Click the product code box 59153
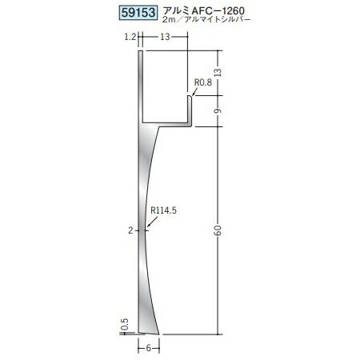[x=138, y=13]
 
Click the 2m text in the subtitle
[x=170, y=19]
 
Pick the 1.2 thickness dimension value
[x=130, y=37]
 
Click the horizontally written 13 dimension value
[x=165, y=37]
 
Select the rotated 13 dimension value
[x=218, y=72]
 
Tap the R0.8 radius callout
[x=203, y=82]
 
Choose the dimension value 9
[x=218, y=110]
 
